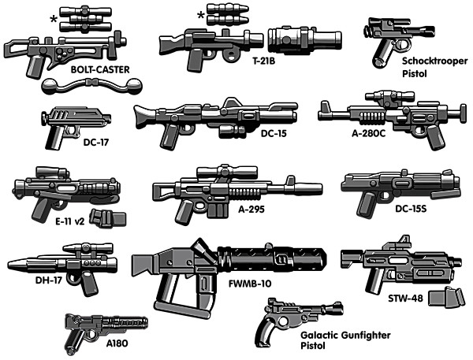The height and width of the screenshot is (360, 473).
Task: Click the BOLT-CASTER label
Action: pyautogui.click(x=100, y=69)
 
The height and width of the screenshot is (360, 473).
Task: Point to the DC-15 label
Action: pyautogui.click(x=275, y=134)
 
